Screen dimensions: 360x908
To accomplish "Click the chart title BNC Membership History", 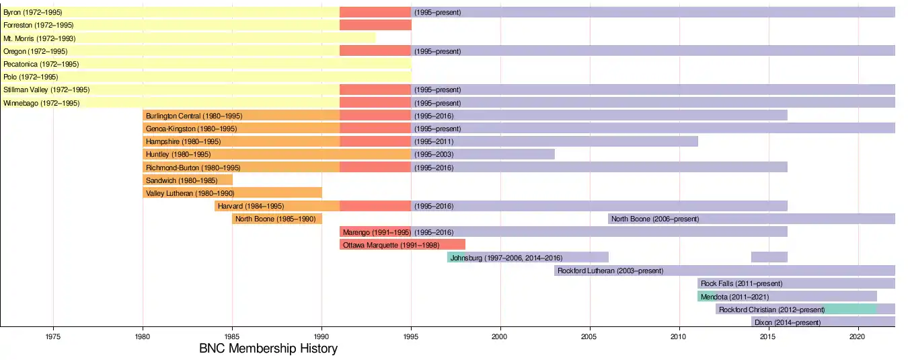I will (x=268, y=349).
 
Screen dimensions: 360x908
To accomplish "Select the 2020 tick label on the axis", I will (x=858, y=336).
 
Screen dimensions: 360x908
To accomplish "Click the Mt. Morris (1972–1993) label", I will (x=39, y=38).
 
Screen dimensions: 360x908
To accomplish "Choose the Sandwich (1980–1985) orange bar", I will (x=187, y=180).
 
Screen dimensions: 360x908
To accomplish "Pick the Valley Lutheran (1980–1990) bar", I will (x=232, y=193).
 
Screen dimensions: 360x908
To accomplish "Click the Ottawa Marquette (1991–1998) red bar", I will (x=402, y=245).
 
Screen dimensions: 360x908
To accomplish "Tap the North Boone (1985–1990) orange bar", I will (x=277, y=219).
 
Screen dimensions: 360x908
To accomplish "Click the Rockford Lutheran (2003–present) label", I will (x=610, y=271).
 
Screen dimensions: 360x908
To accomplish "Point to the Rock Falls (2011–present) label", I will (x=741, y=283).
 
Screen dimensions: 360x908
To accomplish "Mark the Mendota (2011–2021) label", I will (x=734, y=297).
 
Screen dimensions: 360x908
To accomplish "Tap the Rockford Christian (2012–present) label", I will (x=771, y=310).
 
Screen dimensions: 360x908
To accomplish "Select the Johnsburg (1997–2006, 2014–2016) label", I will (x=506, y=258).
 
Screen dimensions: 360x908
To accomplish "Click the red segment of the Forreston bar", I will (x=375, y=25).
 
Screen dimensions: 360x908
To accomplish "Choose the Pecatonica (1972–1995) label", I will (x=41, y=64).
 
